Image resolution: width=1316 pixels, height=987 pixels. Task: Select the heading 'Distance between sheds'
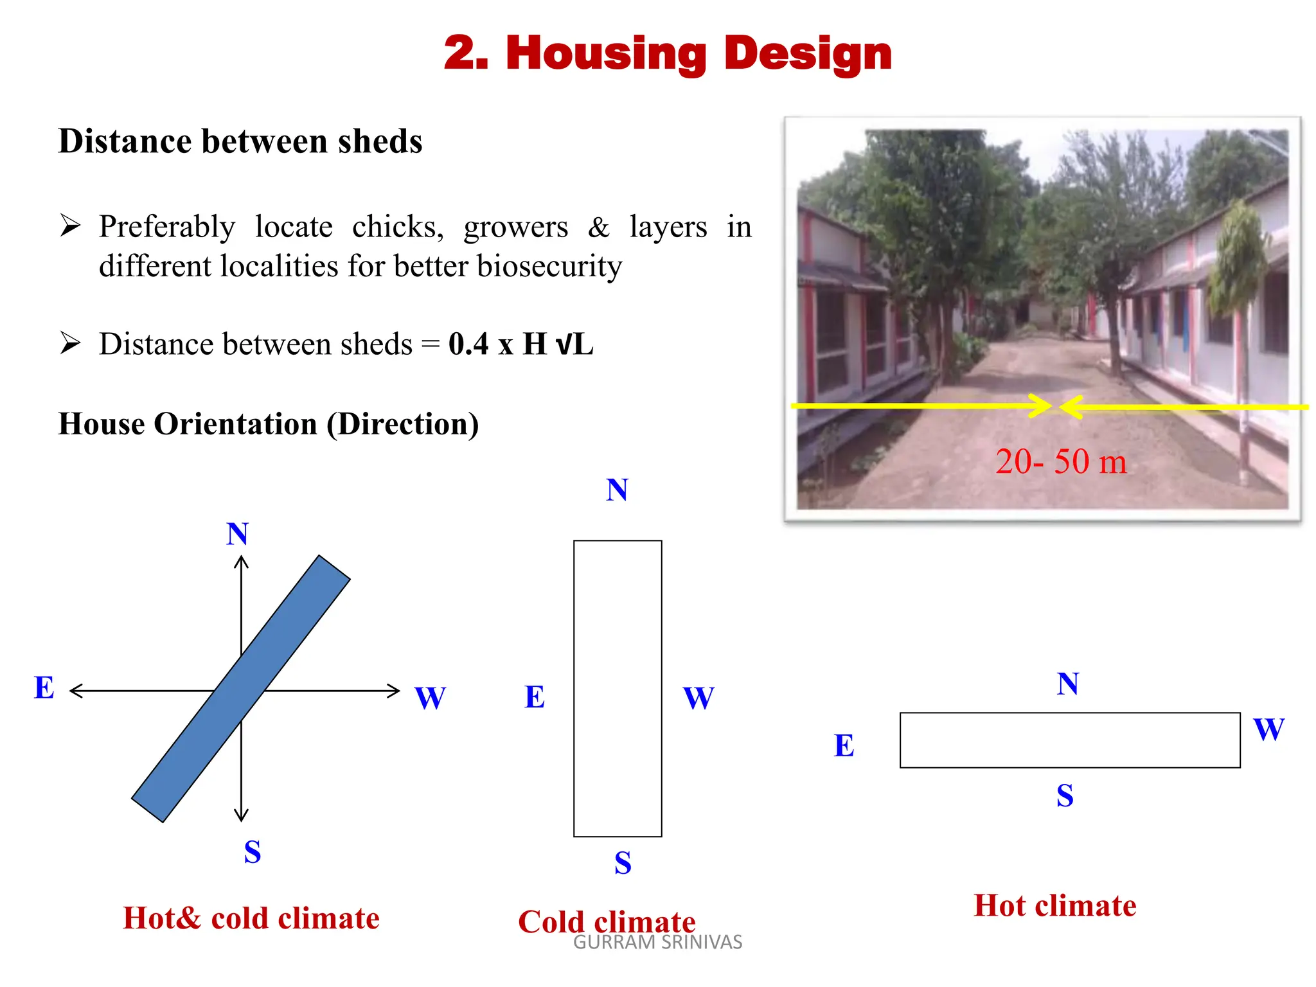tap(240, 141)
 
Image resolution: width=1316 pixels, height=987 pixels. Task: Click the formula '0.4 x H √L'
tap(520, 344)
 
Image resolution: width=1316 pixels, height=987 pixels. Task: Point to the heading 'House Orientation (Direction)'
tap(269, 424)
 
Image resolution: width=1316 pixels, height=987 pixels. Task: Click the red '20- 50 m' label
tap(1061, 461)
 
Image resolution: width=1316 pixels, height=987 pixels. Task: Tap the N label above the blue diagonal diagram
tap(237, 534)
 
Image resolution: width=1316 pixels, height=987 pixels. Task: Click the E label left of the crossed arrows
tap(44, 688)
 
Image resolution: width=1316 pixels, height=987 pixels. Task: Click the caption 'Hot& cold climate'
tap(251, 918)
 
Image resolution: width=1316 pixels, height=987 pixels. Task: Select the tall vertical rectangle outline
tap(618, 688)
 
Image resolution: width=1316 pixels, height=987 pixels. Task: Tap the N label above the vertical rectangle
tap(617, 490)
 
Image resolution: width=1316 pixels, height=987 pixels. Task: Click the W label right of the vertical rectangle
tap(698, 698)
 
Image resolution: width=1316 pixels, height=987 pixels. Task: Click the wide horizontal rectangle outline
tap(1070, 740)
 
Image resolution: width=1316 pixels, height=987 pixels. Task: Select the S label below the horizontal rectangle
tap(1065, 796)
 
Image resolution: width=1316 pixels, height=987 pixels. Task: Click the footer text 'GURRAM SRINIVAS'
tap(657, 943)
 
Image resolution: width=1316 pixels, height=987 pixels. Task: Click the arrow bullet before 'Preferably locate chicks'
tap(70, 226)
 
